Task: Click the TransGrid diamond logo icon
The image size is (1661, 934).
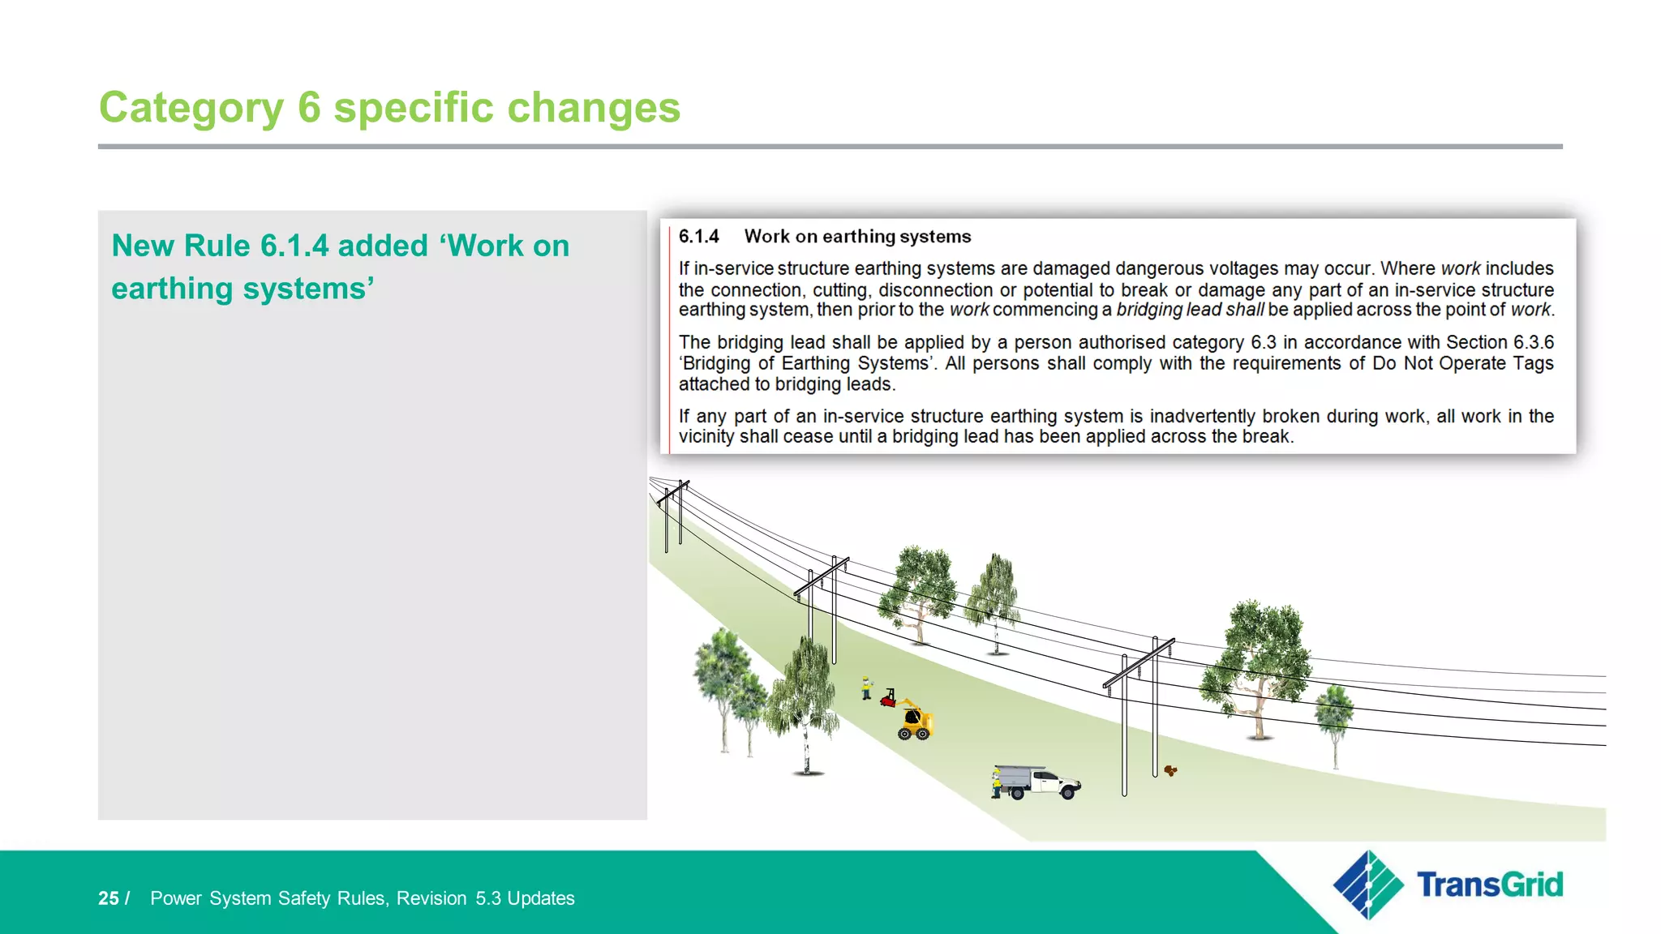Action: (1368, 885)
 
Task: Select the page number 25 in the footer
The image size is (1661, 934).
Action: (109, 898)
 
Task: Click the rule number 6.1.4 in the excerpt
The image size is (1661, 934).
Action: (698, 237)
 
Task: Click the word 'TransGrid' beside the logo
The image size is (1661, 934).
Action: (1489, 885)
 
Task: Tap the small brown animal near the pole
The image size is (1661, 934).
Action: (1170, 770)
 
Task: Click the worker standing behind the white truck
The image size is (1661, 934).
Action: (995, 784)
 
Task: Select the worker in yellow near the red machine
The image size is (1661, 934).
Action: (866, 688)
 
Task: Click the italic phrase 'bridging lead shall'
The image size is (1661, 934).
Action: (1190, 310)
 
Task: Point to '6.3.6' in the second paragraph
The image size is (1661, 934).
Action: (1533, 342)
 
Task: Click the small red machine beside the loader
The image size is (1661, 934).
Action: (888, 698)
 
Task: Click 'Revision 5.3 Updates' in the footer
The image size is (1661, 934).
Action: (485, 898)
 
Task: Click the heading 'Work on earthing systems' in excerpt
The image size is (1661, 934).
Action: (857, 237)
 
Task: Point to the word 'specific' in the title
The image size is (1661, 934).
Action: (414, 108)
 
